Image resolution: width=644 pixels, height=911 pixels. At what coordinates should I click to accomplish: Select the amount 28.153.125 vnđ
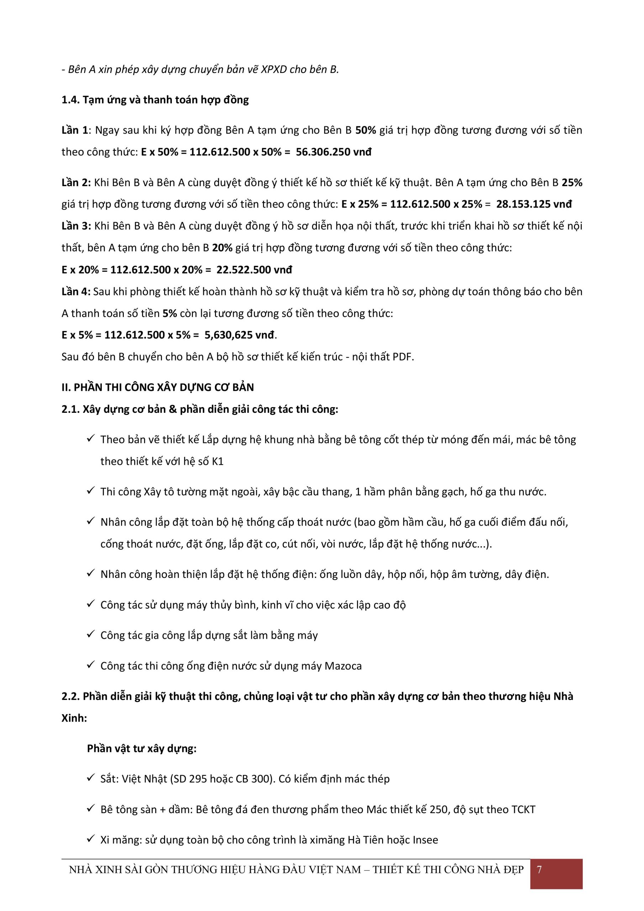click(534, 204)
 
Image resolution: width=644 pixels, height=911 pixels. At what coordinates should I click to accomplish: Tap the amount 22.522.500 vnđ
click(254, 270)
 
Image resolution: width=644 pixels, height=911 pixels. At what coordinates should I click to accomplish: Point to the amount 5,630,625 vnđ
click(239, 335)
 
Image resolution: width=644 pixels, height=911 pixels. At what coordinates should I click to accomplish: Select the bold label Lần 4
click(76, 292)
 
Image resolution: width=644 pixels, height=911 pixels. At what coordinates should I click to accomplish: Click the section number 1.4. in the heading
click(70, 100)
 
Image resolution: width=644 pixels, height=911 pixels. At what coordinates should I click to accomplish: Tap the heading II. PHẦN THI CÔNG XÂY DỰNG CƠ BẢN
click(158, 387)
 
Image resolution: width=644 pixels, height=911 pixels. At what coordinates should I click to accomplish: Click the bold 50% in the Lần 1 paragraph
click(365, 130)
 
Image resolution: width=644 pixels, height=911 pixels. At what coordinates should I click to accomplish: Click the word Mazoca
click(343, 666)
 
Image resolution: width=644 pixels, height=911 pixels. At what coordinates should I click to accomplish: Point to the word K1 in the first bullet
click(218, 462)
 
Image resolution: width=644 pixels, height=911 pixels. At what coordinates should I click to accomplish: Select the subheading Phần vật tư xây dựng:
click(142, 748)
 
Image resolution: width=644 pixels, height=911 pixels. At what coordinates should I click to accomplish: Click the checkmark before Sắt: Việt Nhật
click(90, 778)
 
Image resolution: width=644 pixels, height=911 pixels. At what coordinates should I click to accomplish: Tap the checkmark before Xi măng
click(90, 838)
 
